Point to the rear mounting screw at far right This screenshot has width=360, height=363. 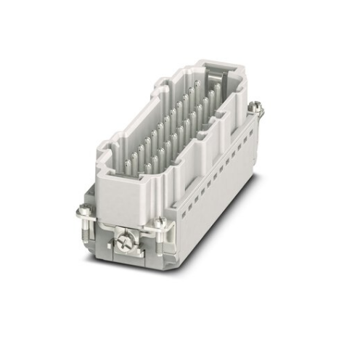[255, 108]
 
